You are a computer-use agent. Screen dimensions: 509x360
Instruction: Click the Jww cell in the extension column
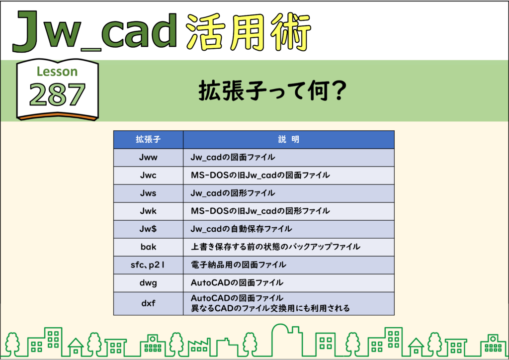point(148,158)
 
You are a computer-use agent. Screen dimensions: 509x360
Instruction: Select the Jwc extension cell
point(148,176)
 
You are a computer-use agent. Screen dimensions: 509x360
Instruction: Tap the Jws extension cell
point(148,193)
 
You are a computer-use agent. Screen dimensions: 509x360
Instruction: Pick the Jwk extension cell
point(148,211)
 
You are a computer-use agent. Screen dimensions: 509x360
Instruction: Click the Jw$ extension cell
point(148,229)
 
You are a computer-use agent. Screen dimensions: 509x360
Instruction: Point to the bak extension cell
point(148,247)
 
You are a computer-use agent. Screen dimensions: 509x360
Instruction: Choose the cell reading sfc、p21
point(148,265)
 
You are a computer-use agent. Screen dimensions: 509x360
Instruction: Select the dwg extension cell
point(148,283)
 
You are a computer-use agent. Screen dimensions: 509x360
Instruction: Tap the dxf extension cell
point(148,303)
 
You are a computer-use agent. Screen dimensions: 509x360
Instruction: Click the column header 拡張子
point(148,140)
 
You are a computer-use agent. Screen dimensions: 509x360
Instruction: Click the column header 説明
point(289,140)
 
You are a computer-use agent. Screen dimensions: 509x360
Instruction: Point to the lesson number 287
point(57,94)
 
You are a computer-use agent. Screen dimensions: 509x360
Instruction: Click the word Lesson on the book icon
point(57,72)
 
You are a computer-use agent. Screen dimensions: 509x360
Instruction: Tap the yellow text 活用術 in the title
point(249,31)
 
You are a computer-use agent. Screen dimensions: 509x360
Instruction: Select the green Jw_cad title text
point(95,31)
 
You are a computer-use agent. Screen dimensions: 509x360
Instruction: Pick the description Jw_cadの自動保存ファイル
point(241,229)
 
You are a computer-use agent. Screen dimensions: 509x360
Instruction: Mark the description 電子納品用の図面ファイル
point(238,265)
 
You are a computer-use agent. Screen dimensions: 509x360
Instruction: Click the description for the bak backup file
point(275,247)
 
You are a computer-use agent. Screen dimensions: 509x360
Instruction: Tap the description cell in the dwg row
point(289,283)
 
